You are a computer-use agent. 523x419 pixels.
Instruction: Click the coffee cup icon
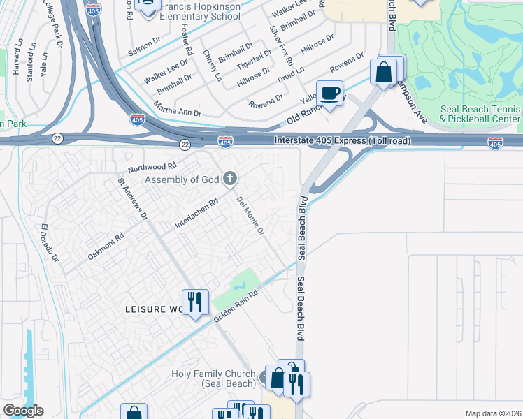pos(330,92)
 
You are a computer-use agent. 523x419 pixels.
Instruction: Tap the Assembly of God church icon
pos(229,179)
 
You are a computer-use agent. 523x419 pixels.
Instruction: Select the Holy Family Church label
pos(213,378)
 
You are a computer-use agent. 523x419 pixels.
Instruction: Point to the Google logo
pos(23,411)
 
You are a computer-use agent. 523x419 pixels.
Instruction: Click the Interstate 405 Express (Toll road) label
pos(342,141)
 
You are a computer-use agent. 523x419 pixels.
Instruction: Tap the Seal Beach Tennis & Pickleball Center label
pos(480,114)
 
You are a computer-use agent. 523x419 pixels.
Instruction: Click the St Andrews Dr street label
pos(133,199)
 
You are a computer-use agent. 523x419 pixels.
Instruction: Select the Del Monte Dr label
pos(250,215)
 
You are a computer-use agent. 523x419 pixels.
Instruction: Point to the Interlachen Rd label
pos(196,213)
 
